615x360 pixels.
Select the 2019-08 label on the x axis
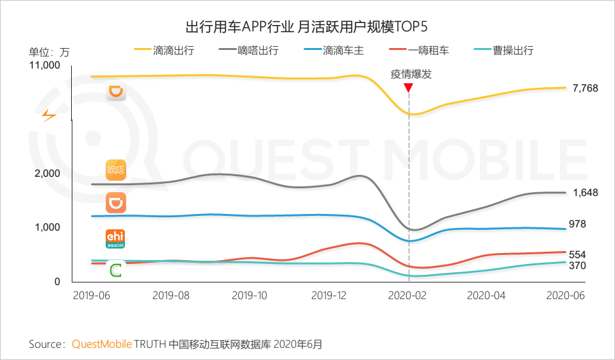point(172,295)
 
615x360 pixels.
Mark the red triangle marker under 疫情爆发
point(409,87)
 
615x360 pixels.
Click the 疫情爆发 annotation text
point(411,74)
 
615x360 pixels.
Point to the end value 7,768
point(585,88)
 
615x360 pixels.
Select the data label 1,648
point(585,192)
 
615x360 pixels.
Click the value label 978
point(577,224)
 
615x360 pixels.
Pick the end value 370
point(577,266)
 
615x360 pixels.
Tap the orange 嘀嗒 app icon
point(116,170)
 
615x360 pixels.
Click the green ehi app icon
point(115,238)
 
